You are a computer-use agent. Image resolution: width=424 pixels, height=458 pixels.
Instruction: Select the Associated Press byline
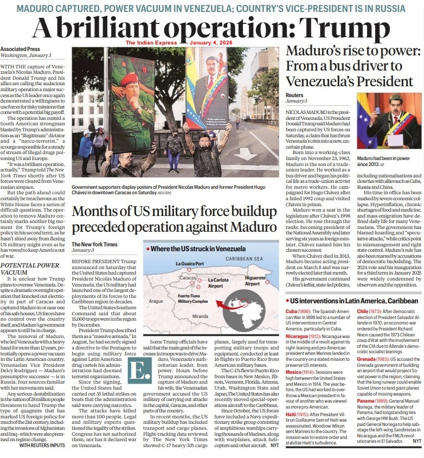(18, 49)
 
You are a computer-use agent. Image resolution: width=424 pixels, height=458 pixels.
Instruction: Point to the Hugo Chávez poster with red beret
(132, 103)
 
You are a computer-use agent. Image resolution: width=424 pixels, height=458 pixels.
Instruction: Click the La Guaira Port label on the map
(190, 264)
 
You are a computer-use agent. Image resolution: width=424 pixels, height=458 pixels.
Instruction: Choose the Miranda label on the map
(200, 316)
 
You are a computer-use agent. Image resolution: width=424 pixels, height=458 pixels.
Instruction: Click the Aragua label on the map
(156, 301)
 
